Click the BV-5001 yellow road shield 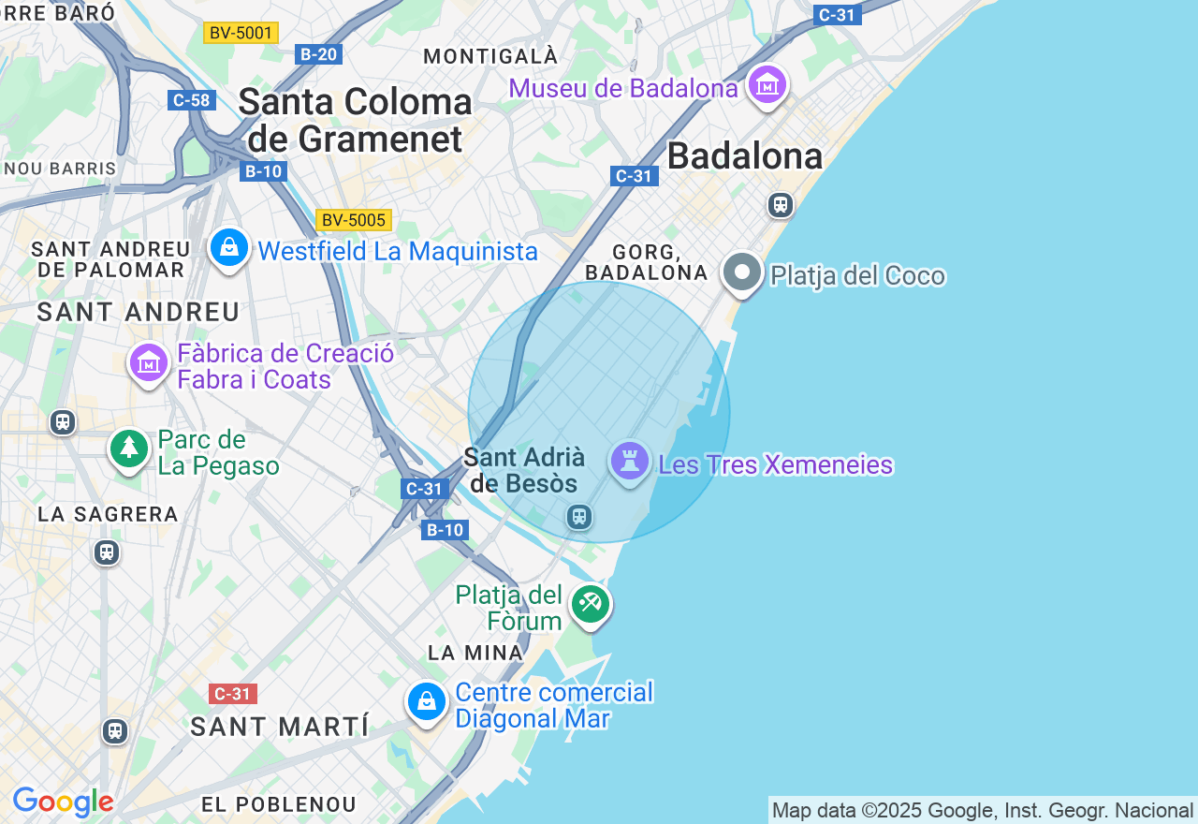pyautogui.click(x=241, y=33)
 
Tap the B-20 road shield pyautogui.click(x=318, y=54)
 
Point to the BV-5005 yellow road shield pyautogui.click(x=353, y=220)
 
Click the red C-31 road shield pyautogui.click(x=232, y=694)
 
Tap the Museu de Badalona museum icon pyautogui.click(x=767, y=85)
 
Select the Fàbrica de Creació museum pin pyautogui.click(x=149, y=362)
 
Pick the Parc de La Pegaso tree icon pyautogui.click(x=129, y=449)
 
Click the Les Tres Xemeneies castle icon pyautogui.click(x=630, y=462)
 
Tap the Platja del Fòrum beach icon pyautogui.click(x=591, y=603)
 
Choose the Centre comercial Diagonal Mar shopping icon pyautogui.click(x=427, y=701)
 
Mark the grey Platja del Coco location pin pyautogui.click(x=743, y=272)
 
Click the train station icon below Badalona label pyautogui.click(x=780, y=204)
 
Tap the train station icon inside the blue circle pyautogui.click(x=579, y=516)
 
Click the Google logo pyautogui.click(x=63, y=802)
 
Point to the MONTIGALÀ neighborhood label pyautogui.click(x=490, y=56)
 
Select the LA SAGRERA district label pyautogui.click(x=108, y=514)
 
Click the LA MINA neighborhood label pyautogui.click(x=475, y=653)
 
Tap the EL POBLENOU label pyautogui.click(x=279, y=804)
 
